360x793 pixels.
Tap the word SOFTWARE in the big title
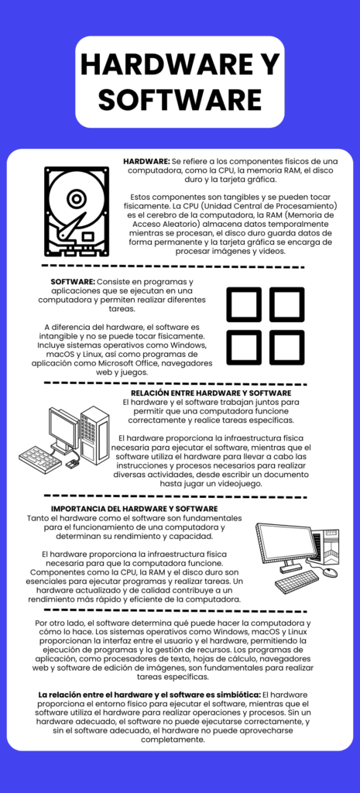tap(180, 99)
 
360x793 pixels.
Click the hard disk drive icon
tap(76, 211)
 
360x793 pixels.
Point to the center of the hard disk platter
tap(76, 199)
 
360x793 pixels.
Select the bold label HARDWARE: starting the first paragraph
tap(146, 160)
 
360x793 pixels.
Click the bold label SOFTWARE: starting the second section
tap(73, 281)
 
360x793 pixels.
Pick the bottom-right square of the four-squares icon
tap(286, 347)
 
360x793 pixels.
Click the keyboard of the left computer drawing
tap(40, 458)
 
